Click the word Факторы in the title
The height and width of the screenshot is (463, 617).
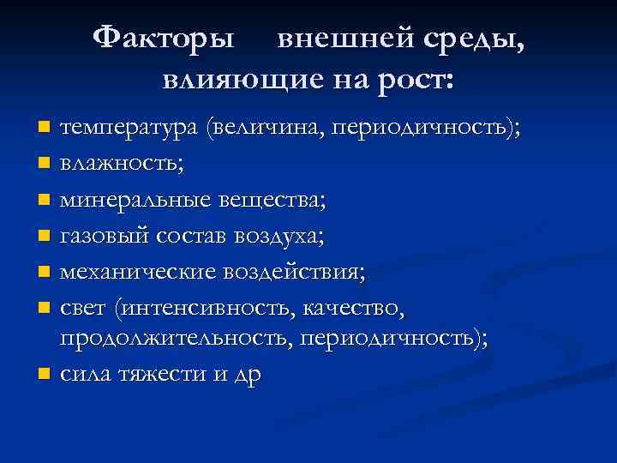pyautogui.click(x=164, y=39)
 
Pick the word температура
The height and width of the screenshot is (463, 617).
pyautogui.click(x=129, y=129)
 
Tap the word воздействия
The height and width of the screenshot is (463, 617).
pyautogui.click(x=292, y=272)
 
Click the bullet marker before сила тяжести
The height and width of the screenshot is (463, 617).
pyautogui.click(x=44, y=374)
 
